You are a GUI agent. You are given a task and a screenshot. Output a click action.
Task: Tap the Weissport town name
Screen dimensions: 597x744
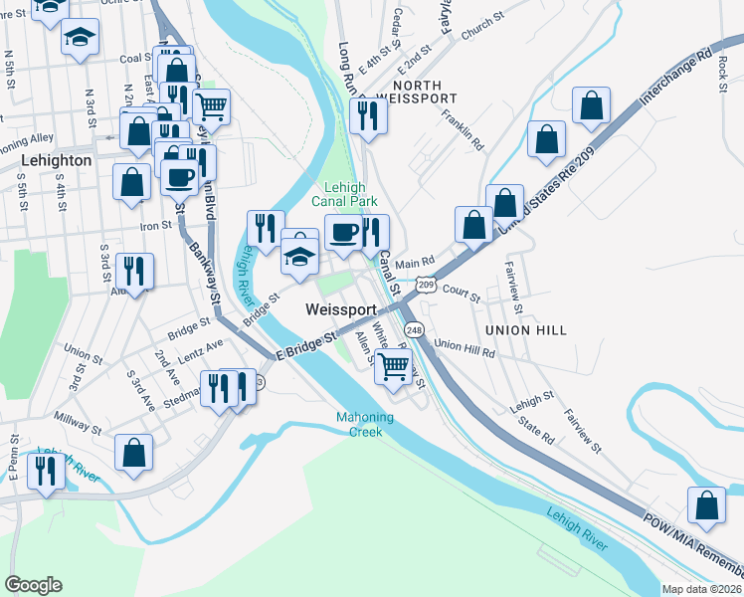pyautogui.click(x=340, y=310)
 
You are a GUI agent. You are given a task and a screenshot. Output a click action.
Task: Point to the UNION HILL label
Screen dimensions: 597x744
pyautogui.click(x=526, y=329)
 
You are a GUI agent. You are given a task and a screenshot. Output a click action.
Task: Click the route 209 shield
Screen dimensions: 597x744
pyautogui.click(x=426, y=286)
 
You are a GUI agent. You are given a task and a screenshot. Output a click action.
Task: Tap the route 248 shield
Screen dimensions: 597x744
pyautogui.click(x=415, y=329)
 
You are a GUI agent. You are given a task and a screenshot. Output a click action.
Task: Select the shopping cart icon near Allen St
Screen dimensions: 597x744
pyautogui.click(x=394, y=366)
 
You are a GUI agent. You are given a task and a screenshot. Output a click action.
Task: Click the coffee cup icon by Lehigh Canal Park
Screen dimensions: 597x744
pyautogui.click(x=344, y=233)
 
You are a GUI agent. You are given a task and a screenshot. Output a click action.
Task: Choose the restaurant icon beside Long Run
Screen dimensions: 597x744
pyautogui.click(x=368, y=115)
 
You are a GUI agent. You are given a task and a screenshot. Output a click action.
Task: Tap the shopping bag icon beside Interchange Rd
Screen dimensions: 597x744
pyautogui.click(x=591, y=106)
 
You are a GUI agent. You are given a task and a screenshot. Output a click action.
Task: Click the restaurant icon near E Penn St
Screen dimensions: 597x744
pyautogui.click(x=44, y=471)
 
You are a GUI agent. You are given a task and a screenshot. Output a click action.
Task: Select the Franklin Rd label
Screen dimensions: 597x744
pyautogui.click(x=464, y=133)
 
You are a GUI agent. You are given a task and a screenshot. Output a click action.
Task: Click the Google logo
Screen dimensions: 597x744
pyautogui.click(x=33, y=585)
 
